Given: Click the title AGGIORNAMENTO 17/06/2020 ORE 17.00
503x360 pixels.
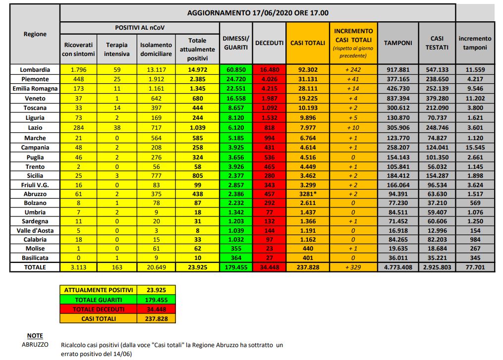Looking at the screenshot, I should [x=258, y=13].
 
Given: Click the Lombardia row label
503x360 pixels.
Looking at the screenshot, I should [x=35, y=70].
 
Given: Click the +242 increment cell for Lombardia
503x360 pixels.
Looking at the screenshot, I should [x=353, y=70].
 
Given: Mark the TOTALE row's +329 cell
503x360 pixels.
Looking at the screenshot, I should [x=353, y=267].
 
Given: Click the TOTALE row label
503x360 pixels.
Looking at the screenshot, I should [x=35, y=267].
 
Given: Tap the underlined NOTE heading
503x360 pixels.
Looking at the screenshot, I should [x=35, y=335].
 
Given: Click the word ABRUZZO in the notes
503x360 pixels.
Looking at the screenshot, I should [x=35, y=344].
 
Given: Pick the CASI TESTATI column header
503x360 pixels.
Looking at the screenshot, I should [x=437, y=43].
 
